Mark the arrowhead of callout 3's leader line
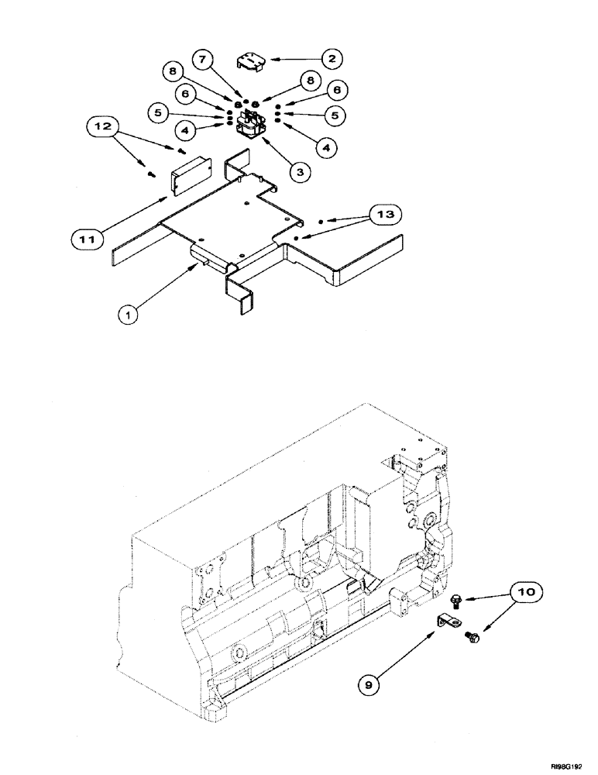click(264, 134)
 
